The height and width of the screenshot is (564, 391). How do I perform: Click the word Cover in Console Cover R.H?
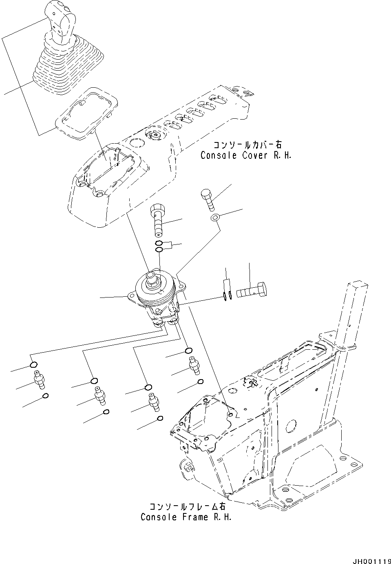tap(251, 155)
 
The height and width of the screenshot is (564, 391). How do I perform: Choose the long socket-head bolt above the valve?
tap(158, 220)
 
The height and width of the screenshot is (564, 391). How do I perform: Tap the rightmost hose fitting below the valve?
tap(192, 365)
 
